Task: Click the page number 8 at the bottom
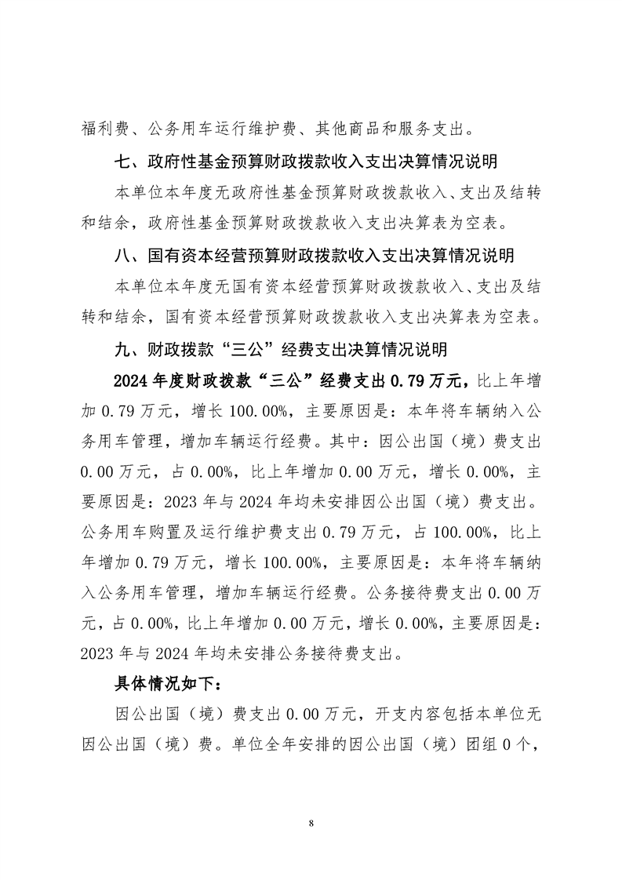[311, 823]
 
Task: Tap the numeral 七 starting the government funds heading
[122, 163]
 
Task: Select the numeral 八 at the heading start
[122, 256]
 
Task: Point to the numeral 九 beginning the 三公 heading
[122, 348]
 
